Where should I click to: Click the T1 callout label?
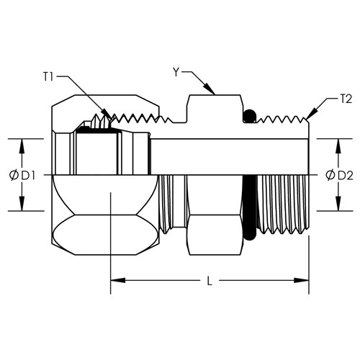48,77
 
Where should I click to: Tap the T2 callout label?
346,99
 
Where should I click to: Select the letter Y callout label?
176,72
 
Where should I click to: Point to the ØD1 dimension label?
22,176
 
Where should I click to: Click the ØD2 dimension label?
339,176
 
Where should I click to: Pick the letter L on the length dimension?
210,281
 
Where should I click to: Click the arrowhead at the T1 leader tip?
107,114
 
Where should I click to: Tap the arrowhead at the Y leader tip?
210,89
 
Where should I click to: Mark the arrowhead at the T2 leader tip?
311,114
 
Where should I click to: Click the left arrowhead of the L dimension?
118,280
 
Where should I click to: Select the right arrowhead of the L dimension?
302,280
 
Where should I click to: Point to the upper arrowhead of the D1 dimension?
22,146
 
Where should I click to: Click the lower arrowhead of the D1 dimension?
22,204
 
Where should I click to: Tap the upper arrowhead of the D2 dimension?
338,146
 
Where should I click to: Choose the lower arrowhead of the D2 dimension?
338,204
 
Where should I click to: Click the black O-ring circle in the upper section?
249,116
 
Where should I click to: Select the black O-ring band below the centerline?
250,208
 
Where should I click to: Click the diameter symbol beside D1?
14,176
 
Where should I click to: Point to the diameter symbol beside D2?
330,176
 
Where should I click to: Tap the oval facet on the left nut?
105,235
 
